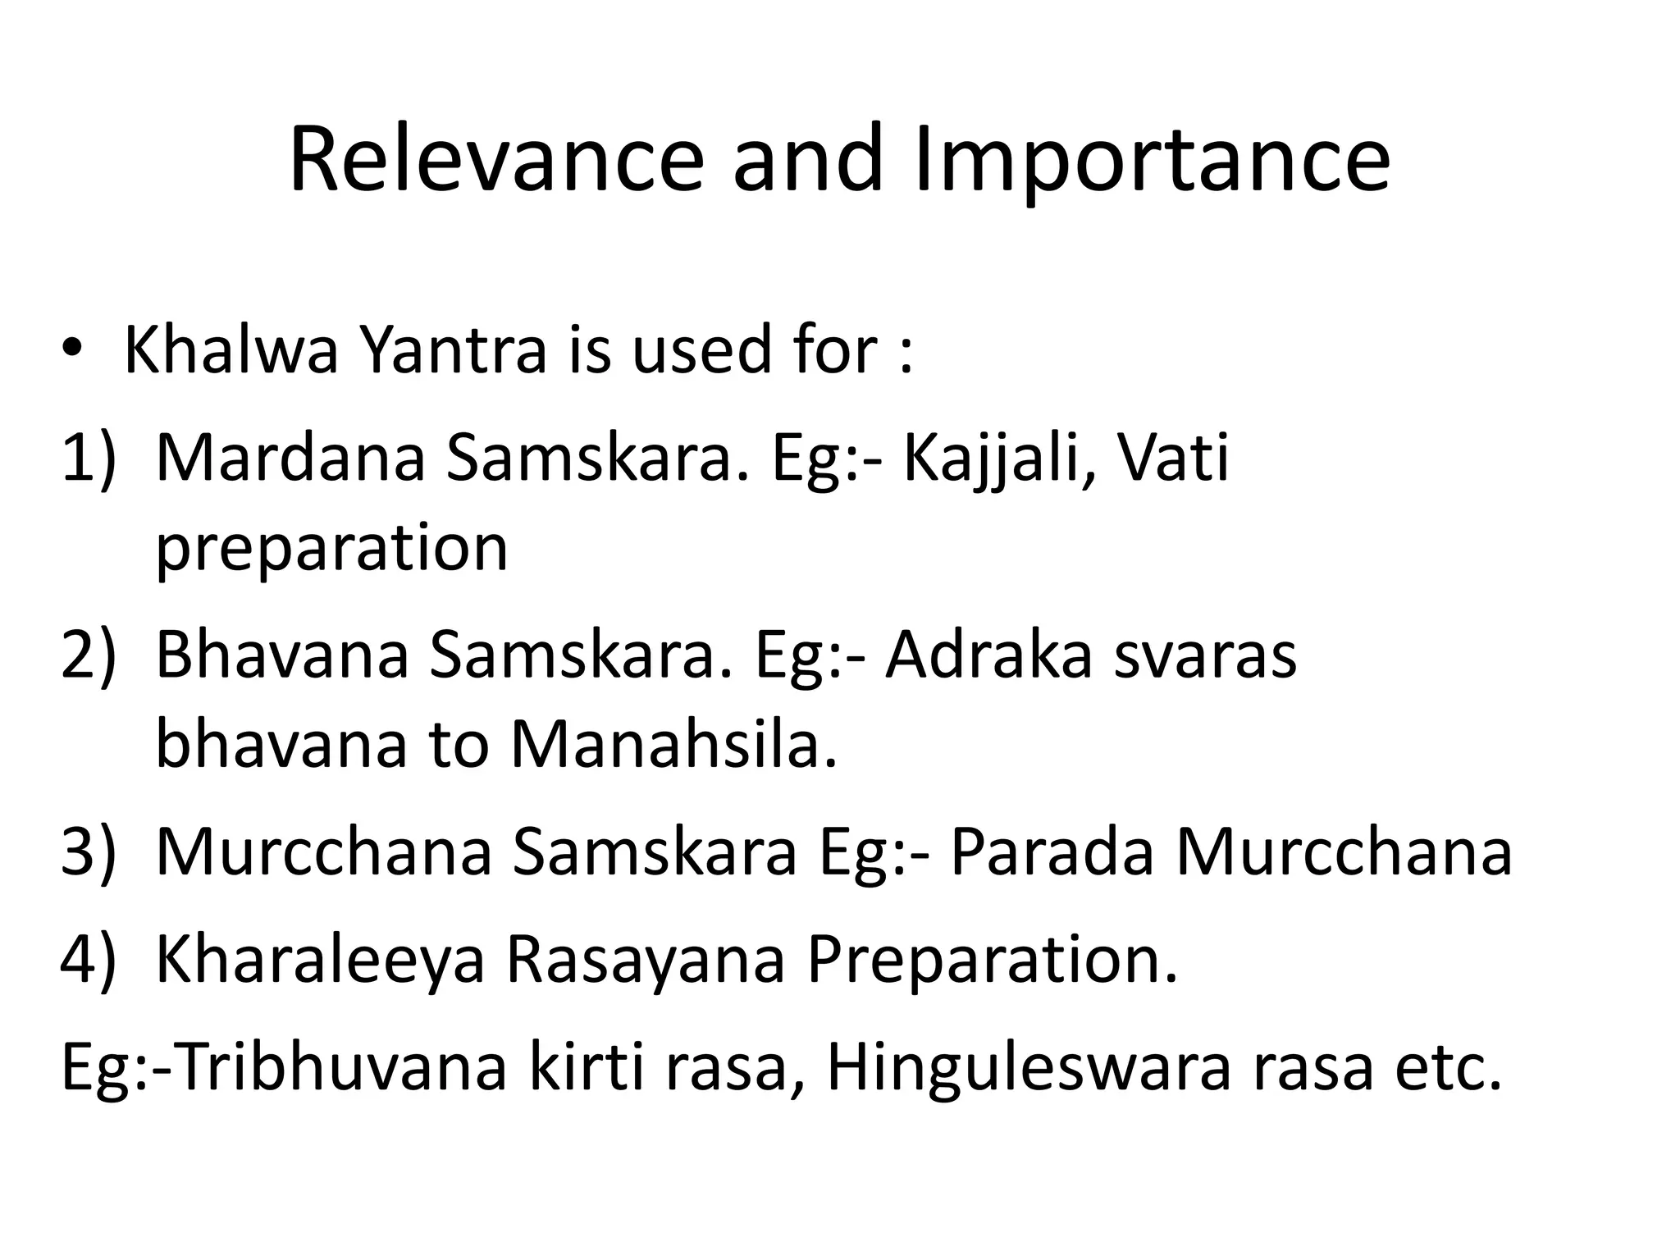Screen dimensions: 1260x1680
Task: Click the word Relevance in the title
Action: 496,160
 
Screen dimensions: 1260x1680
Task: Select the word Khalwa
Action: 231,350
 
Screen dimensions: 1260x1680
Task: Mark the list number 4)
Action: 88,960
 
